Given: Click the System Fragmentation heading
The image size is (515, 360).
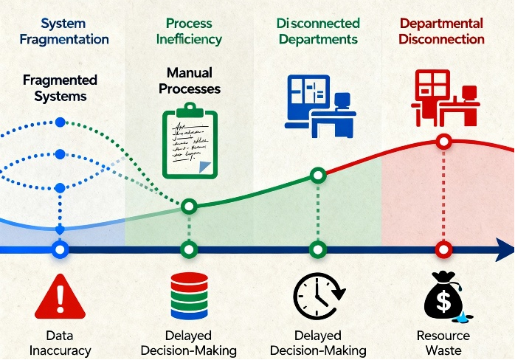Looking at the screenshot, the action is coord(64,31).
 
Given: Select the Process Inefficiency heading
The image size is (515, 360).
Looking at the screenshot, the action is coord(189,31).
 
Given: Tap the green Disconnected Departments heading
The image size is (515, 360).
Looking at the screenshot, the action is coord(318,31).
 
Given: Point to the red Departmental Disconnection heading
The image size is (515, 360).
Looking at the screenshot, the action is coord(441,31).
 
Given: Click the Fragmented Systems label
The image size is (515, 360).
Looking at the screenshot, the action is coord(60,88).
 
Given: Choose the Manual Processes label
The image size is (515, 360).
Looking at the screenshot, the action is coord(190,81).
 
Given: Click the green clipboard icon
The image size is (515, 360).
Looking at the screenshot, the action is coord(190,141).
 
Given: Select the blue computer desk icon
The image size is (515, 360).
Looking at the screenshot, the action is coord(320,106).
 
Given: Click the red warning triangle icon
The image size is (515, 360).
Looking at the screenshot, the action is coord(60,297).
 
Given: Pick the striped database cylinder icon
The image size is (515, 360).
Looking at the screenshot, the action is coord(190,296).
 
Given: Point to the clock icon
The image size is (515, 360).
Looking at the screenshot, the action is coord(319,297).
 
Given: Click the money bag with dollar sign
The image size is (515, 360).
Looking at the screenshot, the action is coord(443,296).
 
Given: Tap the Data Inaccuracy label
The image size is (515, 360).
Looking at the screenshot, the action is coord(60,343).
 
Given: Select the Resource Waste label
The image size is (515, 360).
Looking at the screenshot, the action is coord(443,343).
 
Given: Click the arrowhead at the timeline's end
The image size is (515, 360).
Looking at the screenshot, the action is coord(504,249).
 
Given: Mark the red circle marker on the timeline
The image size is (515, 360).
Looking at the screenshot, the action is coord(443,249).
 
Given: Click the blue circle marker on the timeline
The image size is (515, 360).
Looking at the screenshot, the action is coord(60,249).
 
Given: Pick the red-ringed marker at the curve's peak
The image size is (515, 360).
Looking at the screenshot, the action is coord(443,142).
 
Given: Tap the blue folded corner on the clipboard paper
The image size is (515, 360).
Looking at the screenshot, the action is coord(204,167).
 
